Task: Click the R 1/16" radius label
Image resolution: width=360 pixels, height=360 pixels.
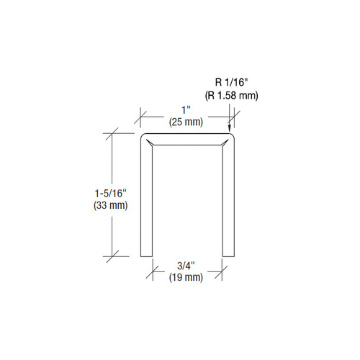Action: click(231, 83)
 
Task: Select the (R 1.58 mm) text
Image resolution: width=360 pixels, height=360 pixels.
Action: click(232, 96)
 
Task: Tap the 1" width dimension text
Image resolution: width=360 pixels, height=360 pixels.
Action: click(186, 110)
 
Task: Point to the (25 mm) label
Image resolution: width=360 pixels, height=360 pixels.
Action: click(186, 122)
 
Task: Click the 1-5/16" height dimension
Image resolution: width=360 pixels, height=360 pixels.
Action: click(110, 194)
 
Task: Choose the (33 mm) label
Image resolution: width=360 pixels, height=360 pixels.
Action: click(111, 205)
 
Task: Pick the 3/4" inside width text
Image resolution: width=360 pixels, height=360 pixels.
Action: click(186, 266)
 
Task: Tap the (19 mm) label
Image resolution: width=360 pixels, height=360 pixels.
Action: click(186, 277)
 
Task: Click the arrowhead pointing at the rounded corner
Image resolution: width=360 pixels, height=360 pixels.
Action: click(230, 127)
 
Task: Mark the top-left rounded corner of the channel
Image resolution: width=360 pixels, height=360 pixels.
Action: click(143, 135)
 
